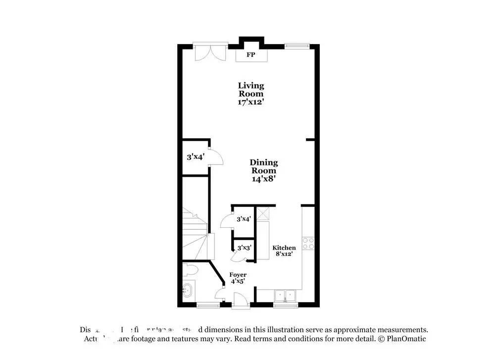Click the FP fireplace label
click(251, 55)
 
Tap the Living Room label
click(251, 90)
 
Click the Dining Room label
click(264, 166)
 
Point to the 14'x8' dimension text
click(264, 179)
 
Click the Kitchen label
click(284, 248)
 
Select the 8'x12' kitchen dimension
click(284, 254)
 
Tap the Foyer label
click(238, 275)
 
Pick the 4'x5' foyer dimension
click(237, 281)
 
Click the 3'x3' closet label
click(244, 248)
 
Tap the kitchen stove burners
click(308, 243)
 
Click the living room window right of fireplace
click(297, 46)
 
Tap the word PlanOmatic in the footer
click(406, 339)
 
